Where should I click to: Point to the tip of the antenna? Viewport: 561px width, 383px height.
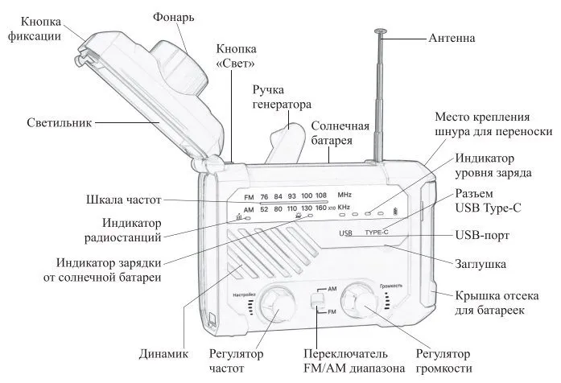point(380,32)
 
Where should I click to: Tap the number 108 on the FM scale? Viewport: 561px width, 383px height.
point(320,196)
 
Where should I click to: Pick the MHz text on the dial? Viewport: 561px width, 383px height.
point(344,196)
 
